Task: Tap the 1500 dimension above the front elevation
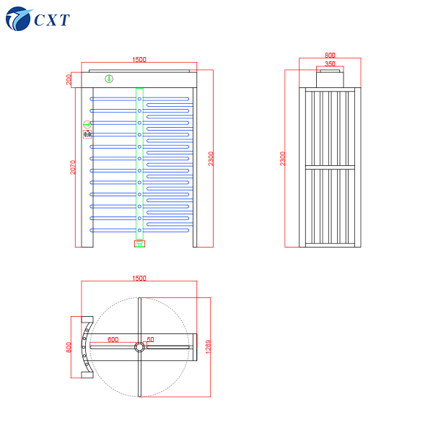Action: pyautogui.click(x=139, y=60)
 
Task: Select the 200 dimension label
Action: pyautogui.click(x=69, y=79)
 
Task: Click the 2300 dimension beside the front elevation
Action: pyautogui.click(x=210, y=158)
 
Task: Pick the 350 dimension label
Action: pyautogui.click(x=329, y=64)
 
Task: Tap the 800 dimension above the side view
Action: pyautogui.click(x=330, y=55)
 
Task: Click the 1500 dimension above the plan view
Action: pyautogui.click(x=139, y=278)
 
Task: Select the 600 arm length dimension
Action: pyautogui.click(x=113, y=338)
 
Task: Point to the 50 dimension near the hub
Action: pyautogui.click(x=150, y=338)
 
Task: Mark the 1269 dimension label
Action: pyautogui.click(x=208, y=347)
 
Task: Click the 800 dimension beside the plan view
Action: pyautogui.click(x=69, y=346)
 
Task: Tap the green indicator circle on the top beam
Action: pyautogui.click(x=109, y=78)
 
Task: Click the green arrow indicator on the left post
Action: pyautogui.click(x=87, y=124)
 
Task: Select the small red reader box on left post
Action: pyautogui.click(x=87, y=134)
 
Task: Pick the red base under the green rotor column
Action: pyautogui.click(x=139, y=244)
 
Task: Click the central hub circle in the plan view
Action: pyautogui.click(x=139, y=346)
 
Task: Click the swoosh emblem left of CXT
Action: pyautogui.click(x=17, y=19)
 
